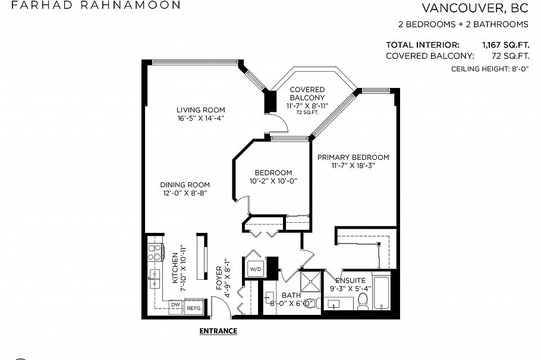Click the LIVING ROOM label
coord(200,110)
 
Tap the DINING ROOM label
coord(184,185)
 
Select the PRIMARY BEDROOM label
coord(353,157)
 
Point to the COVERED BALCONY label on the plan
coord(307,93)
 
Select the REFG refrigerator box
coord(194,308)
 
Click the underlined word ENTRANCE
coord(218,331)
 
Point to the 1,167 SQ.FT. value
coord(505,45)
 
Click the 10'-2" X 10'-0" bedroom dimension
coord(273,181)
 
